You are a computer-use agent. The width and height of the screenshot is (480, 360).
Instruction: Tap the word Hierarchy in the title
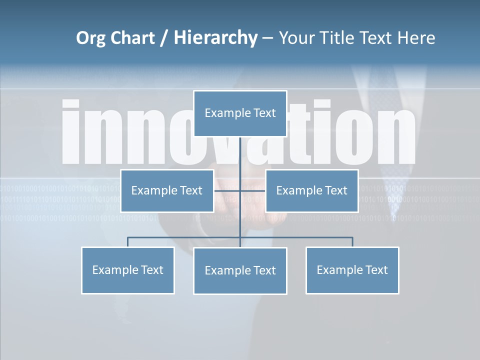tap(215, 38)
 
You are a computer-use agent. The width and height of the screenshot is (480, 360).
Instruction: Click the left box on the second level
tap(167, 190)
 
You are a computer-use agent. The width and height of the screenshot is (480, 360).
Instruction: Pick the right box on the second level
tap(311, 190)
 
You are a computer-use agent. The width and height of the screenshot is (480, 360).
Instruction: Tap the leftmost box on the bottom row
tap(127, 270)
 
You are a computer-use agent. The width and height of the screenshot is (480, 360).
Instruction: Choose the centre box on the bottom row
tap(240, 270)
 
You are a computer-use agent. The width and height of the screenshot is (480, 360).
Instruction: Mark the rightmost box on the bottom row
tap(352, 270)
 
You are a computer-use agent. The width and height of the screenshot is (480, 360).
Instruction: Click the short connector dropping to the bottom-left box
tap(127, 242)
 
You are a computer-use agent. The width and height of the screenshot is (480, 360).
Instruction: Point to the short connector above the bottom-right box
tap(352, 242)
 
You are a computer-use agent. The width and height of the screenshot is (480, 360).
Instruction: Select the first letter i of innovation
tap(71, 132)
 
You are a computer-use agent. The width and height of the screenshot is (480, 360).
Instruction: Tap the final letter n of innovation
tap(395, 135)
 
